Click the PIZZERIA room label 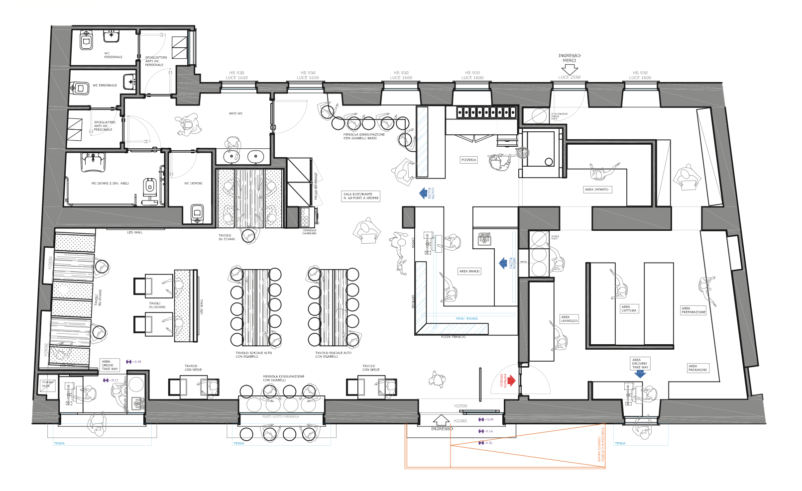tap(468, 160)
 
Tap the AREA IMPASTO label tap(596, 190)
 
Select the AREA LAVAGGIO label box tap(569, 319)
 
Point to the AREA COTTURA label tap(629, 309)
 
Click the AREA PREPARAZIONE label tap(693, 310)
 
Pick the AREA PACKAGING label tap(697, 368)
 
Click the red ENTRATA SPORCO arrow tap(510, 381)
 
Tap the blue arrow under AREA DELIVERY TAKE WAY tap(640, 374)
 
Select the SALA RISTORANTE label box tap(361, 196)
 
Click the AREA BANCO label tap(469, 272)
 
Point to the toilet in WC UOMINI tap(197, 213)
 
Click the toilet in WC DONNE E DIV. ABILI tap(149, 187)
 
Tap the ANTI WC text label tap(236, 113)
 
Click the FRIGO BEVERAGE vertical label tap(316, 187)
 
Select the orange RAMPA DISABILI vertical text tap(601, 444)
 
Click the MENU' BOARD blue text tap(466, 319)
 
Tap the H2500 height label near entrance tap(460, 406)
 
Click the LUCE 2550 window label tap(569, 78)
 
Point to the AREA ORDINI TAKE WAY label tap(110, 365)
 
